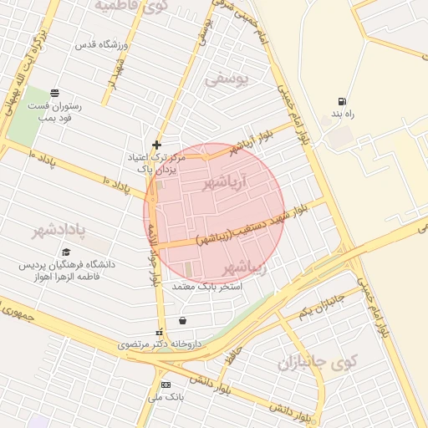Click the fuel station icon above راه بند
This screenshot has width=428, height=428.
pyautogui.click(x=341, y=101)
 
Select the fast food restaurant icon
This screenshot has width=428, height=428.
pyautogui.click(x=55, y=93)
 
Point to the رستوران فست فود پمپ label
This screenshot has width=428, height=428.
pyautogui.click(x=53, y=111)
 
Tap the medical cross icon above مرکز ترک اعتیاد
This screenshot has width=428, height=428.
pyautogui.click(x=156, y=145)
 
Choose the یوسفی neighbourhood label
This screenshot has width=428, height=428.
pyautogui.click(x=227, y=79)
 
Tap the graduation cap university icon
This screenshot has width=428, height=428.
pyautogui.click(x=66, y=252)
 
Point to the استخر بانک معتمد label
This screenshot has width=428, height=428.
pyautogui.click(x=206, y=287)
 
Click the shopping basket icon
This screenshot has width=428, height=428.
pyautogui.click(x=182, y=320)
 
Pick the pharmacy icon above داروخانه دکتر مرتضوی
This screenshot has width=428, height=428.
pyautogui.click(x=160, y=333)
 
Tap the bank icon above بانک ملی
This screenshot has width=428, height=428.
pyautogui.click(x=166, y=385)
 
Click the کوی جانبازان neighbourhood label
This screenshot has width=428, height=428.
pyautogui.click(x=318, y=364)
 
